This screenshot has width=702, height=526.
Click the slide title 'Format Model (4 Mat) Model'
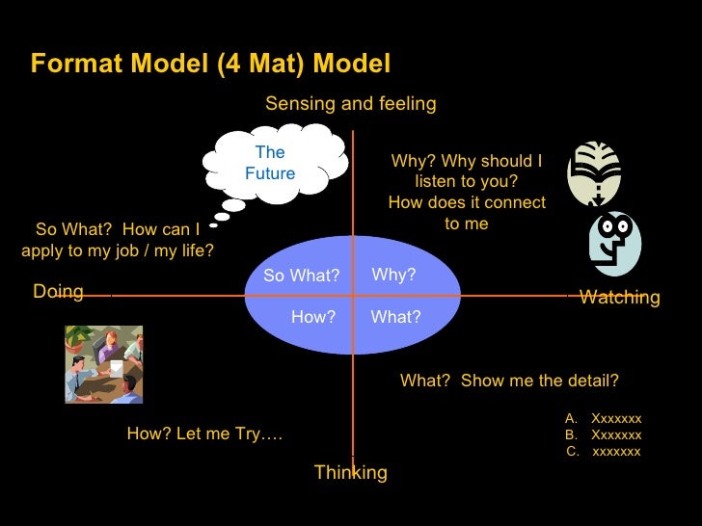[x=210, y=64]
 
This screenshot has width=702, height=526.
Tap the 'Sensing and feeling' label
[x=350, y=103]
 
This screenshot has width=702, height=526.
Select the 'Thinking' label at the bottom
[x=350, y=472]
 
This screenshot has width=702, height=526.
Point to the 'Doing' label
[x=58, y=292]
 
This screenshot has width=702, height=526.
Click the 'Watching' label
[x=619, y=298]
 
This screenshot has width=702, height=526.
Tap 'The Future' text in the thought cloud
[x=270, y=163]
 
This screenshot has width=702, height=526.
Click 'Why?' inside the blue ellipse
[x=393, y=276]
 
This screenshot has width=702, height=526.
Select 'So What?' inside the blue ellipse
[x=301, y=276]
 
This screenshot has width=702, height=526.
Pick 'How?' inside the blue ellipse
[x=312, y=316]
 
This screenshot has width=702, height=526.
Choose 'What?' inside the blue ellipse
[x=395, y=316]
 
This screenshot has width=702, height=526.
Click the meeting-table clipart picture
[x=103, y=363]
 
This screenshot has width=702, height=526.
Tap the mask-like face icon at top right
[x=593, y=174]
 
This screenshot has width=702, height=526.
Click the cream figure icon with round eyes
[x=615, y=243]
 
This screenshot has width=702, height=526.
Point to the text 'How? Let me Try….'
[x=204, y=434]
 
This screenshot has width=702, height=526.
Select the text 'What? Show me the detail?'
[x=509, y=381]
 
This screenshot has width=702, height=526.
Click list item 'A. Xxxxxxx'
[x=603, y=418]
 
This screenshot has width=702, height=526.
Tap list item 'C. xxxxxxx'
[x=603, y=451]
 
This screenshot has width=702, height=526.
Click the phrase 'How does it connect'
[x=467, y=203]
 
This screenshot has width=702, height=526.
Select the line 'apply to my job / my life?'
[x=117, y=250]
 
